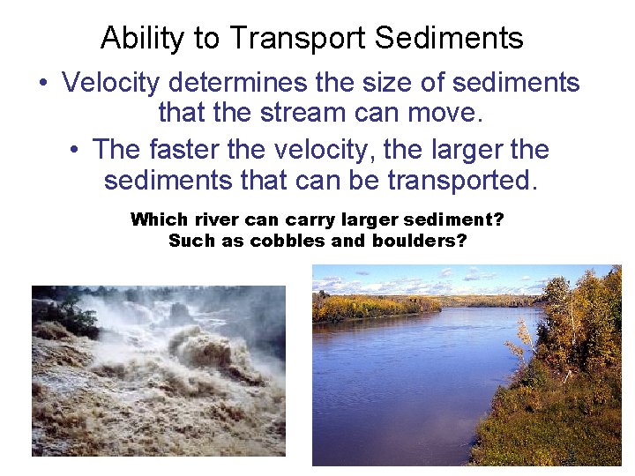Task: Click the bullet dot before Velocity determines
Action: pyautogui.click(x=43, y=84)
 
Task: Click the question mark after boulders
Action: pyautogui.click(x=461, y=240)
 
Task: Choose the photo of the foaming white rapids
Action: pyautogui.click(x=159, y=370)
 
